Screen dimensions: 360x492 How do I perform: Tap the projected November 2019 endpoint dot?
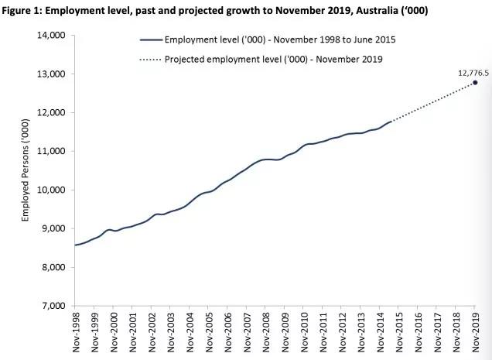tap(475, 83)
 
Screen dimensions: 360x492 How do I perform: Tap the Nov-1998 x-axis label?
tap(76, 331)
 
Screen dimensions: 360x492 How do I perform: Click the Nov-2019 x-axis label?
tap(475, 331)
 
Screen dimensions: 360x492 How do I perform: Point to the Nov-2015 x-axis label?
tap(399, 331)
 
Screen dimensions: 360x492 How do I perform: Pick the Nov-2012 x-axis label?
tap(342, 331)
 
